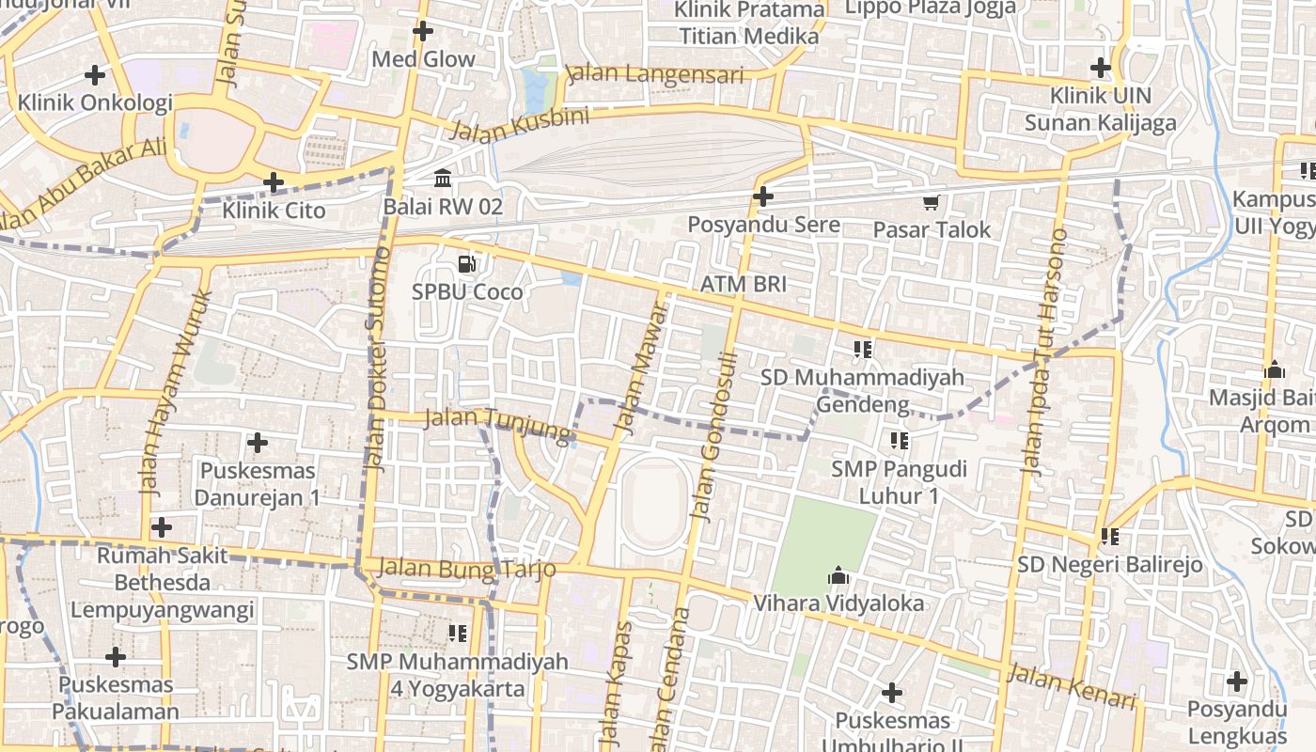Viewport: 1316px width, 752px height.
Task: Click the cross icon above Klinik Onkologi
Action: pos(95,74)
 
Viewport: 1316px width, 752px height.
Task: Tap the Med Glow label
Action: pos(423,59)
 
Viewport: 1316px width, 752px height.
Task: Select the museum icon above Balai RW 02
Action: pos(442,178)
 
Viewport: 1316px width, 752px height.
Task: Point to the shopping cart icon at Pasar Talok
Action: pos(932,202)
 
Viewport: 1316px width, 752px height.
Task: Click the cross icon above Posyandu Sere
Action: pos(763,196)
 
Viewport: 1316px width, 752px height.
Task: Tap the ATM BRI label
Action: pos(743,284)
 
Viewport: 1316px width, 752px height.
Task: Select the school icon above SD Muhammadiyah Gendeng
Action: pos(863,350)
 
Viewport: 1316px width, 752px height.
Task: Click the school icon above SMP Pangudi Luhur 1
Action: pos(899,440)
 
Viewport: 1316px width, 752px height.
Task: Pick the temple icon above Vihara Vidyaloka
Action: pos(838,575)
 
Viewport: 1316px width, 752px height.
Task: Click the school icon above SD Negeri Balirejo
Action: pos(1109,537)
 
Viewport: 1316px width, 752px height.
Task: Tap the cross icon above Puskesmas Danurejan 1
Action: pos(257,442)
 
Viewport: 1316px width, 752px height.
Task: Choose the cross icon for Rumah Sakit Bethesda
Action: pos(162,527)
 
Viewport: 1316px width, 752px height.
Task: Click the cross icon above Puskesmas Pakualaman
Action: pos(116,656)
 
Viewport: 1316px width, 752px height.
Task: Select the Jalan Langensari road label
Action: pos(654,74)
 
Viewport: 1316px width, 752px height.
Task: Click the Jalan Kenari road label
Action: pos(1072,687)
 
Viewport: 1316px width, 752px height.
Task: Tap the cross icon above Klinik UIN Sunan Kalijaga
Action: pos(1100,68)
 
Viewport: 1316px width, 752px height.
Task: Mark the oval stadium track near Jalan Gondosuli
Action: pos(656,502)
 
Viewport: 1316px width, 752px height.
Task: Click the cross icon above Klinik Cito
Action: pos(274,181)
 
